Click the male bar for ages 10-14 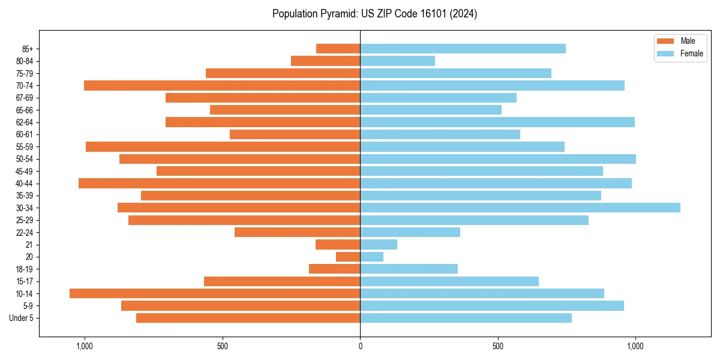pyautogui.click(x=215, y=293)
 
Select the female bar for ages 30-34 pyautogui.click(x=520, y=208)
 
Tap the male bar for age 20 pyautogui.click(x=348, y=257)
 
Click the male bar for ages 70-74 pyautogui.click(x=222, y=85)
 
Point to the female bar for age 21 pyautogui.click(x=379, y=244)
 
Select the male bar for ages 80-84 pyautogui.click(x=325, y=61)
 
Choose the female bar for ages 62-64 pyautogui.click(x=497, y=122)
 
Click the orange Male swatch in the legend pyautogui.click(x=665, y=41)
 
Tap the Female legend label pyautogui.click(x=691, y=53)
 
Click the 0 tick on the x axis pyautogui.click(x=360, y=346)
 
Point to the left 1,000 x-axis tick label pyautogui.click(x=84, y=346)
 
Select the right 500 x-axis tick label pyautogui.click(x=497, y=346)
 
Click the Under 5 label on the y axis pyautogui.click(x=21, y=318)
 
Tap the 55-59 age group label pyautogui.click(x=25, y=146)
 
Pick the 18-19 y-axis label pyautogui.click(x=25, y=269)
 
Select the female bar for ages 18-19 pyautogui.click(x=409, y=269)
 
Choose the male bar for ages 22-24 pyautogui.click(x=297, y=232)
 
